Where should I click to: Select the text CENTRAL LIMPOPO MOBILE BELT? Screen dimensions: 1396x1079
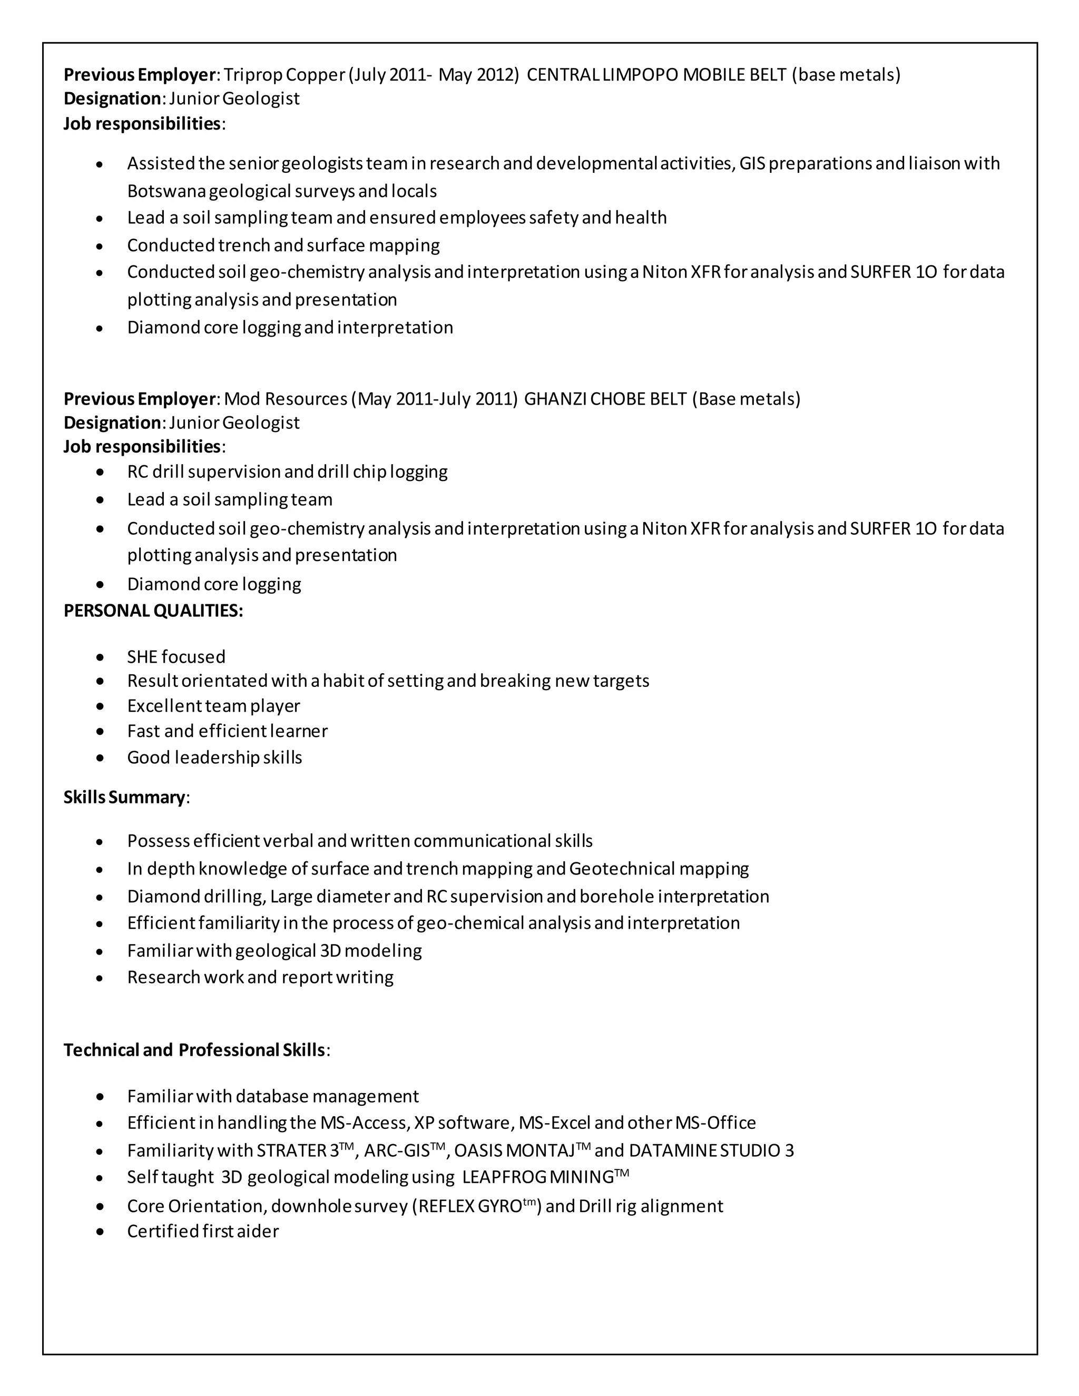656,75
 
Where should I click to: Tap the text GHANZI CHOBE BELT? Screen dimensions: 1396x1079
605,399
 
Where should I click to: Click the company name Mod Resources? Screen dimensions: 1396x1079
285,399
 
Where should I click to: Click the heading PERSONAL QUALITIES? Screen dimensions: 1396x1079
153,611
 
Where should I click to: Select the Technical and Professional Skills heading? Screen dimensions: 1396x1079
195,1049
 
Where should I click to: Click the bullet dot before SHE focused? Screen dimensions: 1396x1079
100,657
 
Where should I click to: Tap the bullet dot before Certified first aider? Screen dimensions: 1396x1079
100,1231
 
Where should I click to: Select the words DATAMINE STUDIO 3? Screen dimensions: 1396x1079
711,1151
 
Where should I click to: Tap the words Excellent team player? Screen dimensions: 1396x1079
213,706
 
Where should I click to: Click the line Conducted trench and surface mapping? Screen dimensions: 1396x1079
283,245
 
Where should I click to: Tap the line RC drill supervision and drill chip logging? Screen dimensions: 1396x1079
287,471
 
